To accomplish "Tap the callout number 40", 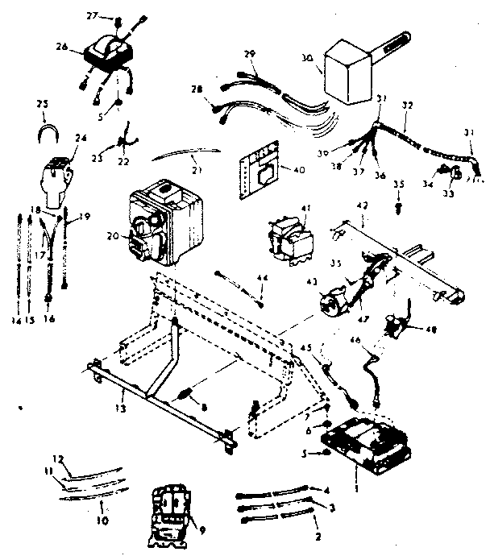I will tap(278, 170).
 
